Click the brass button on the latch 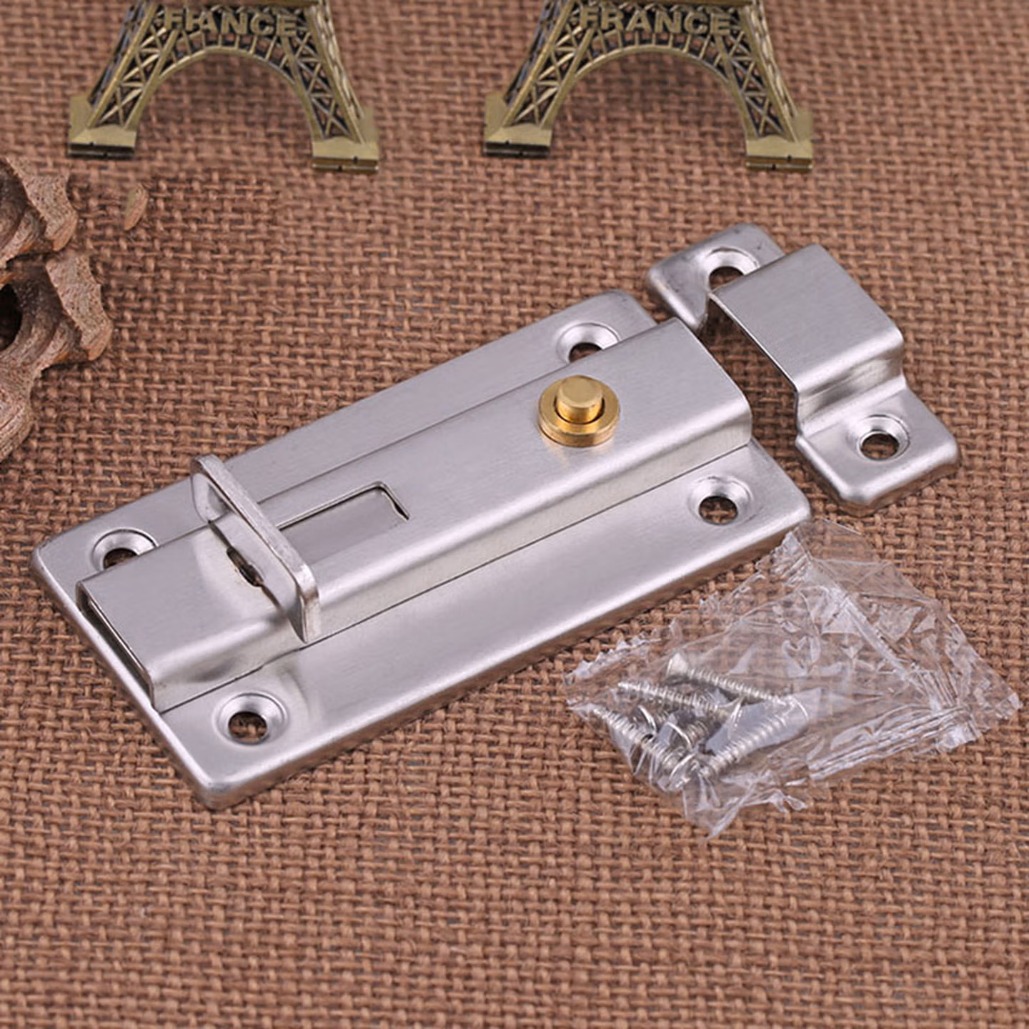[x=579, y=409]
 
